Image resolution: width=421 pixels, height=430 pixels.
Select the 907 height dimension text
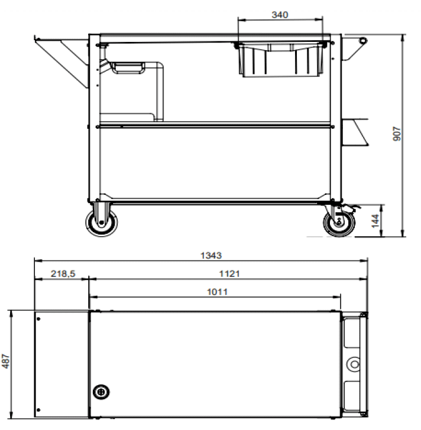[397, 134]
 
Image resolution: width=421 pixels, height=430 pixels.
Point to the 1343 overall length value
[210, 255]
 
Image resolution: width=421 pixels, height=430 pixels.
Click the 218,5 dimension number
[61, 273]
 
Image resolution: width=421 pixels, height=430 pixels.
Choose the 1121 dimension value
[228, 273]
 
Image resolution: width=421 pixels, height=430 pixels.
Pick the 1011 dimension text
[218, 291]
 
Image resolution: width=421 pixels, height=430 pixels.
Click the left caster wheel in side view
[101, 223]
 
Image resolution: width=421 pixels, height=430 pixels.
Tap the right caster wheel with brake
[339, 223]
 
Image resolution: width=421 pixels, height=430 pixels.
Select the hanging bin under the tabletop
[281, 60]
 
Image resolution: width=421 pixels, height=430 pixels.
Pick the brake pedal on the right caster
[354, 209]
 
